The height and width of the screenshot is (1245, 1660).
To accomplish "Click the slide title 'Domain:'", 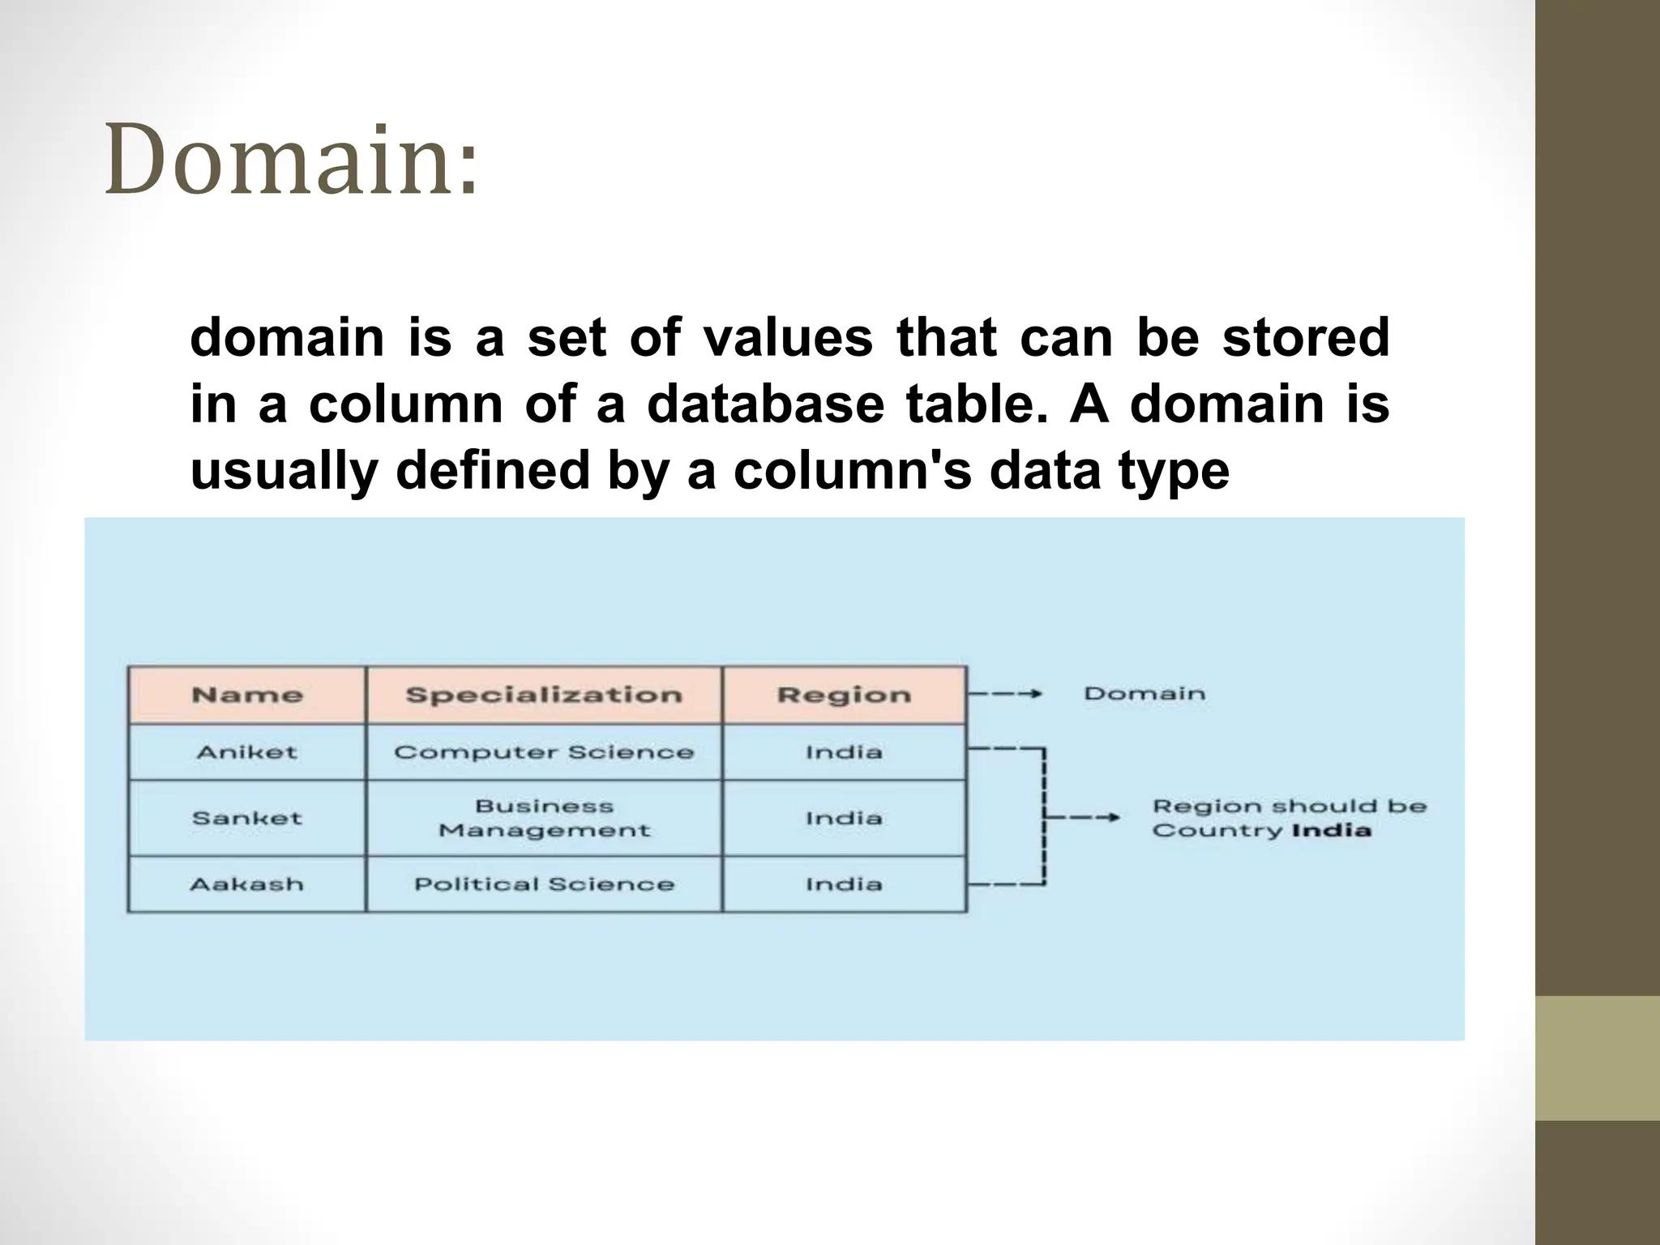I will coord(292,160).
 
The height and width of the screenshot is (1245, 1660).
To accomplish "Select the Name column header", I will coord(247,695).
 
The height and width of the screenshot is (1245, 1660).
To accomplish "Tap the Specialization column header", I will coord(544,695).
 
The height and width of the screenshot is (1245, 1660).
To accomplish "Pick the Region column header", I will coord(844,695).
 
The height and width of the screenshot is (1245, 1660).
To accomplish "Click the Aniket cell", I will coord(247,752).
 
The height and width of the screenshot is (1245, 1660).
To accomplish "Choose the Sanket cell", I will coord(247,818).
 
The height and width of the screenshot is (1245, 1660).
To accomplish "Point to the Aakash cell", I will coord(247,884).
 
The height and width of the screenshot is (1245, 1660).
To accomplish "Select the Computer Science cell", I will coord(544,752).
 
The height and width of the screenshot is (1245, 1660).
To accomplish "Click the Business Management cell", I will coord(544,818).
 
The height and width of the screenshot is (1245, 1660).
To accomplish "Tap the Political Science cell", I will coord(544,884).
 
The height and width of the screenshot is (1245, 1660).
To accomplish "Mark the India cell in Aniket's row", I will coord(844,752).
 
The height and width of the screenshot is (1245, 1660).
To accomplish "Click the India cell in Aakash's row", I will coord(844,884).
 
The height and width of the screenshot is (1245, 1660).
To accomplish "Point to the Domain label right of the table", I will coord(1144,694).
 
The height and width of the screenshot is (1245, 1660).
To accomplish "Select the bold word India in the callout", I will coord(1331,830).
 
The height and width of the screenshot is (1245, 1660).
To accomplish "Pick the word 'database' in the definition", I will coord(765,404).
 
